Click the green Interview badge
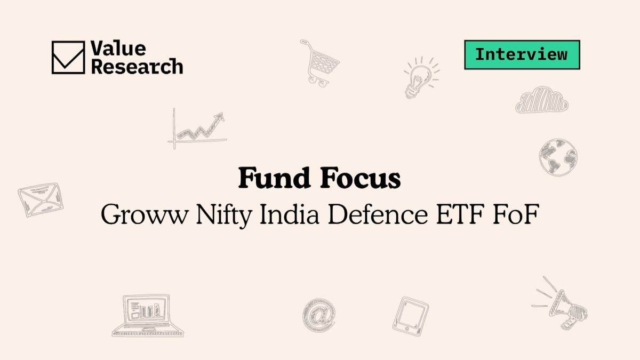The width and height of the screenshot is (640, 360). pos(522,55)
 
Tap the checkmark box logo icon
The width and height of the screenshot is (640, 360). pos(68,57)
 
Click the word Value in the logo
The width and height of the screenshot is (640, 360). pos(118,49)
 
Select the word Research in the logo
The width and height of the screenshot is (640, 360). pos(137,66)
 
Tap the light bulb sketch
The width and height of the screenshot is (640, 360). pos(420,78)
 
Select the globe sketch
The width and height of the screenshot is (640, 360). pos(558,157)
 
